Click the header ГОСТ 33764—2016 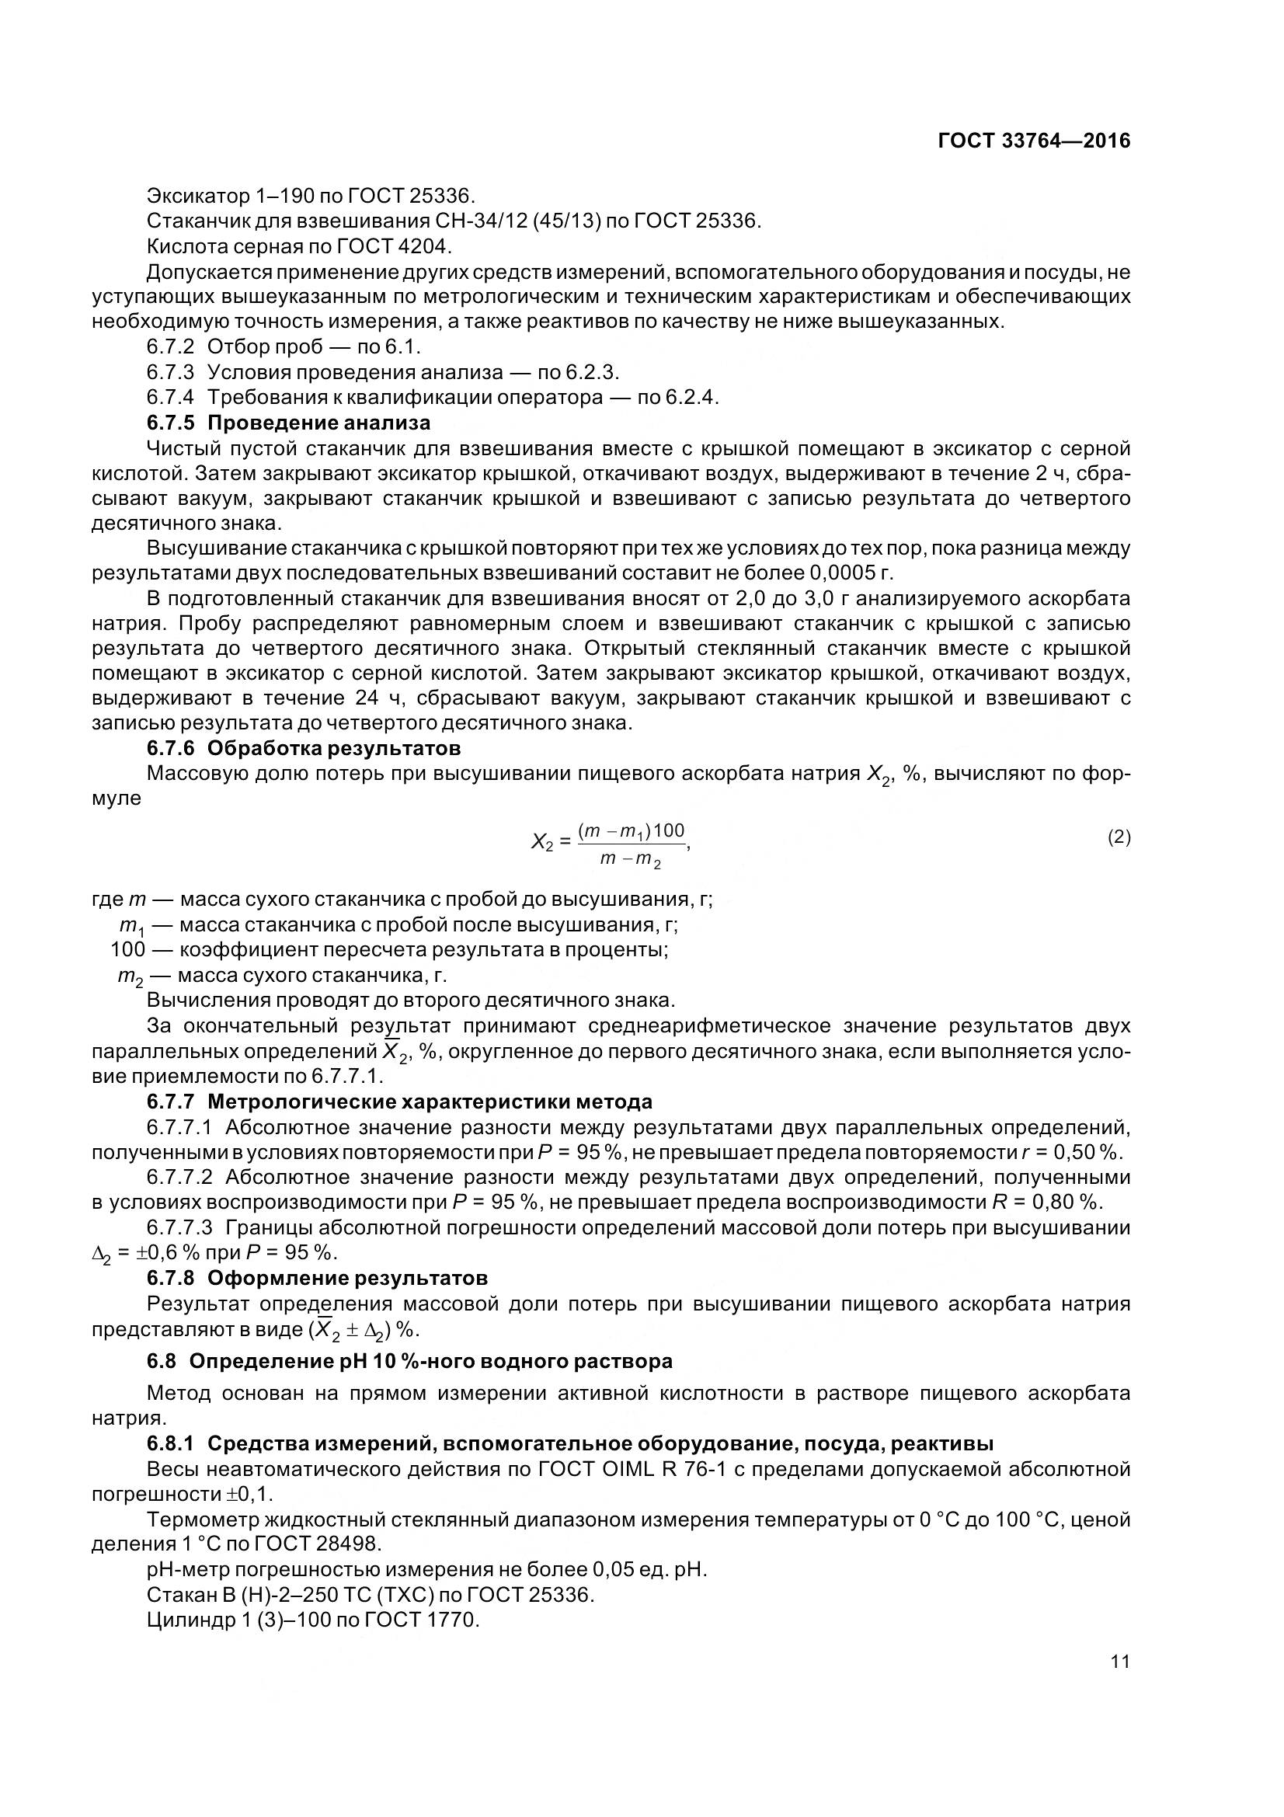pyautogui.click(x=1033, y=141)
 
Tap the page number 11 pyautogui.click(x=1119, y=1661)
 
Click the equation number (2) pyautogui.click(x=1119, y=837)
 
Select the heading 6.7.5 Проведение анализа pyautogui.click(x=289, y=422)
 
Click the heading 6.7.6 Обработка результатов pyautogui.click(x=304, y=747)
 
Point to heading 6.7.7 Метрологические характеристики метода pyautogui.click(x=399, y=1102)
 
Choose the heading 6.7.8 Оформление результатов pyautogui.click(x=317, y=1278)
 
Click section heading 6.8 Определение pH pyautogui.click(x=410, y=1361)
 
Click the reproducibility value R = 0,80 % pyautogui.click(x=1045, y=1202)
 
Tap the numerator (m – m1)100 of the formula pyautogui.click(x=632, y=830)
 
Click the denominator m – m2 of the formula pyautogui.click(x=630, y=860)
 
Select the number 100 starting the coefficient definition pyautogui.click(x=127, y=949)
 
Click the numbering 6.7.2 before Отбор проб pyautogui.click(x=170, y=346)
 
